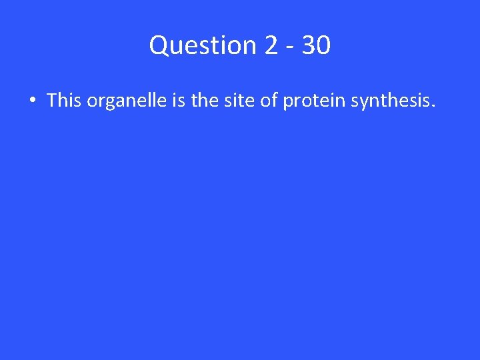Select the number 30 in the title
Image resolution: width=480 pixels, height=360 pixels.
316,45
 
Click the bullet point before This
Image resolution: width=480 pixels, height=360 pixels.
31,101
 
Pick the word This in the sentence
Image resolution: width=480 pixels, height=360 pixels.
65,101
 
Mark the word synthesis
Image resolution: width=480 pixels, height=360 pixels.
390,101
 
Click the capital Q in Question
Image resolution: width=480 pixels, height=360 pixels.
159,45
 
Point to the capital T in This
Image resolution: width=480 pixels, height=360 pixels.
52,101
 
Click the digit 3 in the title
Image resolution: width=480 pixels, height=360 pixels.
309,45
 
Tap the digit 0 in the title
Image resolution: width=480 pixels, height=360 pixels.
323,45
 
